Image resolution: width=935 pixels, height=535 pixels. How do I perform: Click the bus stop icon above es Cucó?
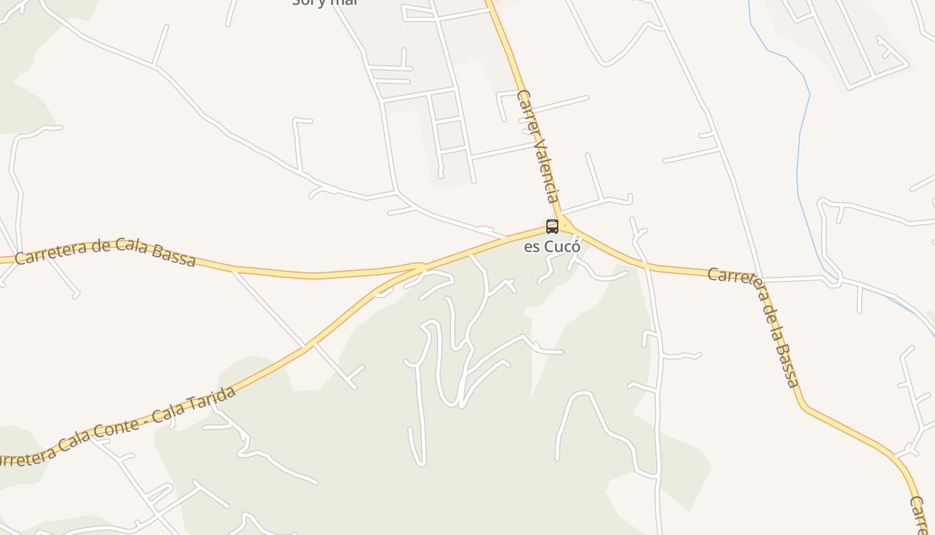(552, 226)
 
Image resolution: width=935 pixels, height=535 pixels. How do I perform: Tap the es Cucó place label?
(552, 246)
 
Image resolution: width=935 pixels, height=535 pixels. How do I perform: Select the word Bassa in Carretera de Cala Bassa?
(174, 255)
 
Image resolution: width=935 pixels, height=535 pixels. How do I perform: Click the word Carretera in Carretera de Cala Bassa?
(51, 252)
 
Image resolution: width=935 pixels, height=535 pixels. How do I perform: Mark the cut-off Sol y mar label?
(325, 3)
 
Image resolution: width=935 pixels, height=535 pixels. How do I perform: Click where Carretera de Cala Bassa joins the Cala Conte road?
(422, 268)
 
